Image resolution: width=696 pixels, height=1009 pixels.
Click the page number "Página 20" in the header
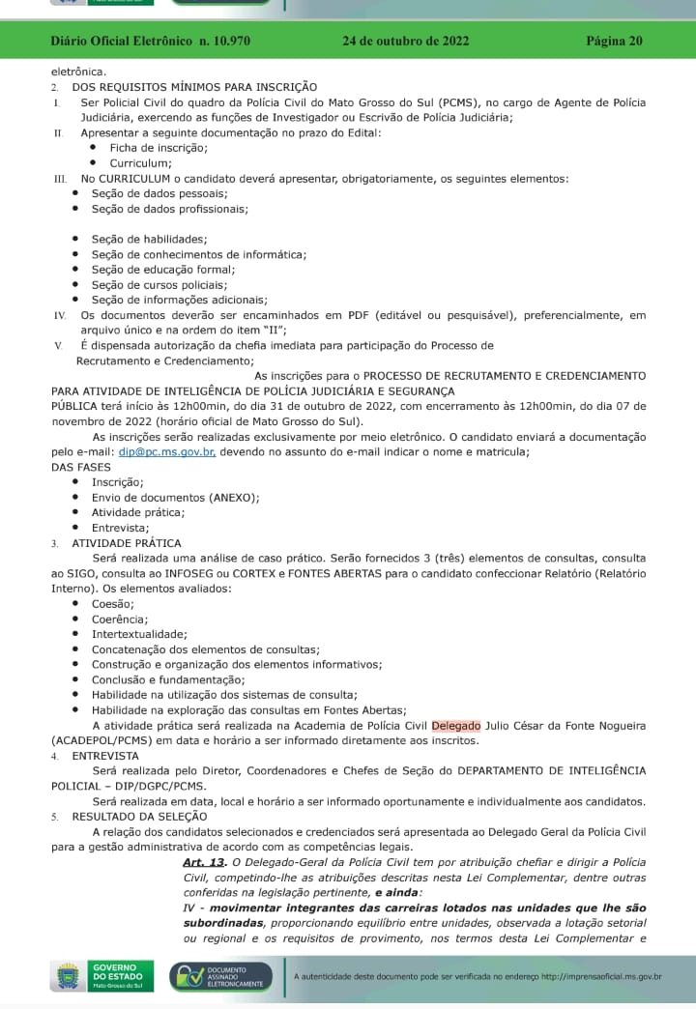[x=614, y=42]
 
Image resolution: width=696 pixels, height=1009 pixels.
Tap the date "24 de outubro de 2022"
[x=405, y=42]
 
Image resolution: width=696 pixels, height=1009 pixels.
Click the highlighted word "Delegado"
[x=455, y=725]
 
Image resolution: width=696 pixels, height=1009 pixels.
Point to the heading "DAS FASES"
[x=82, y=467]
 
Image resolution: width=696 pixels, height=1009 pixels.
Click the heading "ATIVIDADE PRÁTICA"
[x=127, y=543]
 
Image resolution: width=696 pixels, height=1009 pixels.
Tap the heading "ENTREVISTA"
[x=105, y=756]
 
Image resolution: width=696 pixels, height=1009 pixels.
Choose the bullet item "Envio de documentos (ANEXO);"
[x=175, y=497]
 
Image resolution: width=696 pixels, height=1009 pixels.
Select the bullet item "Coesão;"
[x=113, y=603]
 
